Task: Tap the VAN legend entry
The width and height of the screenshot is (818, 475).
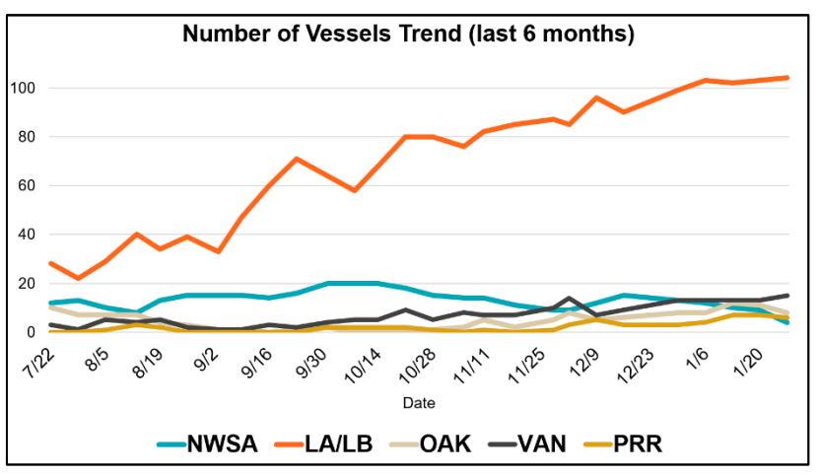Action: tap(546, 443)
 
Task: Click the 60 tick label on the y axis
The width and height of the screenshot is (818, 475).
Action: tap(24, 185)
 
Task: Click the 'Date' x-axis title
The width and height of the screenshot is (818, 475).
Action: tap(419, 402)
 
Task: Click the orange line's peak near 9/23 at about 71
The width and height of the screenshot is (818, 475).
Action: tap(296, 158)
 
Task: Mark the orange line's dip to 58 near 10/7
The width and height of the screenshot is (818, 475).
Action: tap(355, 190)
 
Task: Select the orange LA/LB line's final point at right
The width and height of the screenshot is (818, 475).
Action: tap(786, 78)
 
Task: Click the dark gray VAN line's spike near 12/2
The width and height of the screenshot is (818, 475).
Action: tap(569, 298)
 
